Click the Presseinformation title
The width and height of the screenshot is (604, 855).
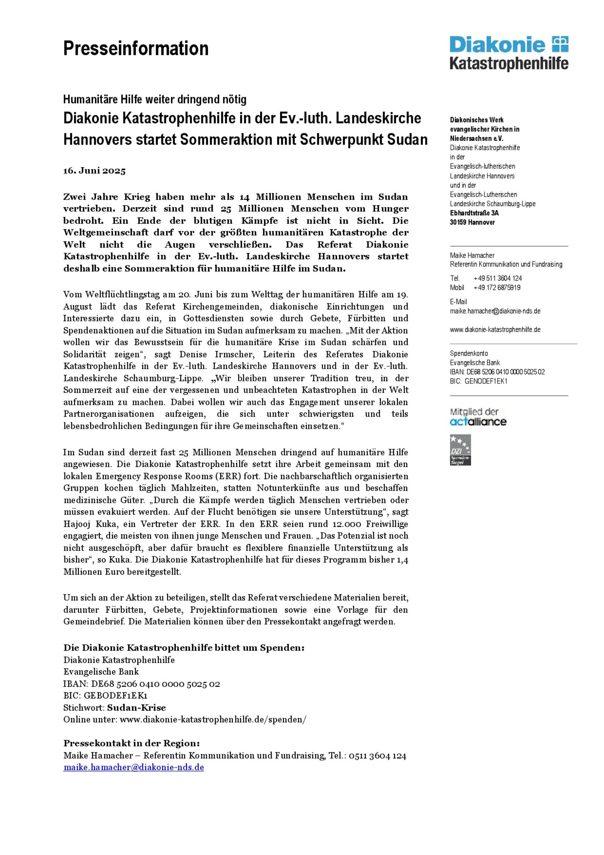(136, 49)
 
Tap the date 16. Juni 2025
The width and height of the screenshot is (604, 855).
(94, 171)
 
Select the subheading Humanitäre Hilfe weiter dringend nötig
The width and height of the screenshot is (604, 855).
(155, 99)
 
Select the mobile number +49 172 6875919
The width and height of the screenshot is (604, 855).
(497, 287)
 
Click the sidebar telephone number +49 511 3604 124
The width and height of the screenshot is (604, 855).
(497, 278)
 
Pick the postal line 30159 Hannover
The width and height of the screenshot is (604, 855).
(472, 222)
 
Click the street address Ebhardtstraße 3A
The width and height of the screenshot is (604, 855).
(474, 213)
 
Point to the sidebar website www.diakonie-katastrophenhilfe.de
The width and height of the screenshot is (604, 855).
(495, 330)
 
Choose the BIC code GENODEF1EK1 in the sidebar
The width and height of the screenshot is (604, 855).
(486, 381)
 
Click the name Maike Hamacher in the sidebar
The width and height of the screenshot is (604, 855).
(472, 255)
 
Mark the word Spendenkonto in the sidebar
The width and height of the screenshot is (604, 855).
(469, 354)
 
